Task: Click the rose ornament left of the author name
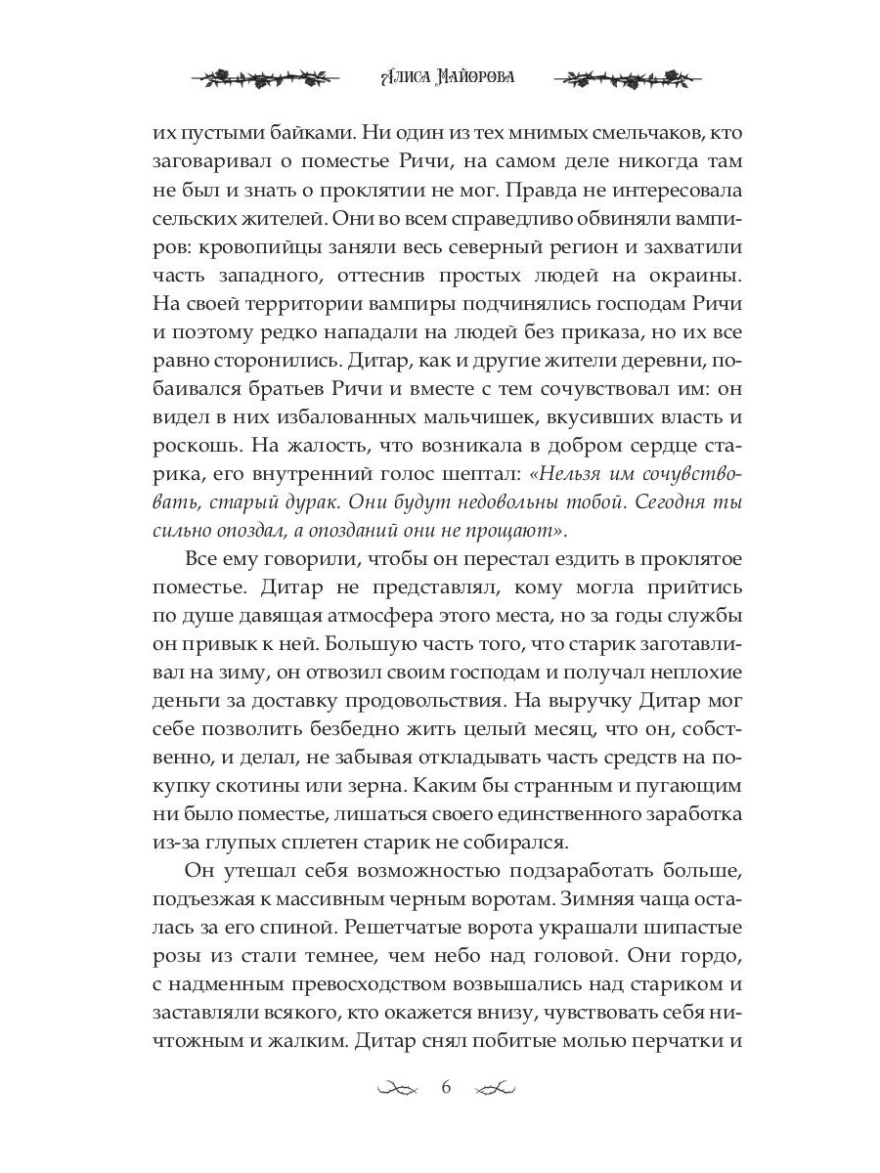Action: pos(265,77)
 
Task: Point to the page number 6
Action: pos(446,1088)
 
